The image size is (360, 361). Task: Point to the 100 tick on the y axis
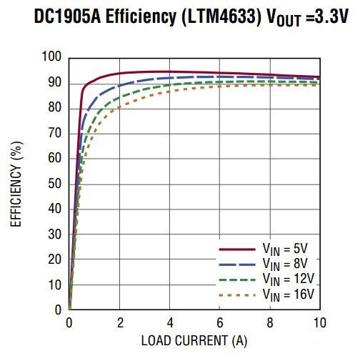coord(53,57)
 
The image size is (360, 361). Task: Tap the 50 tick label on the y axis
coord(56,184)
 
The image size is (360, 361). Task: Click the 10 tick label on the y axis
coord(56,285)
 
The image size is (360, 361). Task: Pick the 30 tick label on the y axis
coord(56,234)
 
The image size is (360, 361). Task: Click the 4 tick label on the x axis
coord(169,322)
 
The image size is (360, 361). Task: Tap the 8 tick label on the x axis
coord(270,322)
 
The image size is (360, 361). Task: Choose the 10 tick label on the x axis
coord(319,322)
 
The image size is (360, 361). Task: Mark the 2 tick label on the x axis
coord(119,322)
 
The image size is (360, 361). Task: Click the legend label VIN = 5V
coord(285,250)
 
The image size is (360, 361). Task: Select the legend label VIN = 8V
coord(285,264)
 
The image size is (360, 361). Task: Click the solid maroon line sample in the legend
coord(237,249)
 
